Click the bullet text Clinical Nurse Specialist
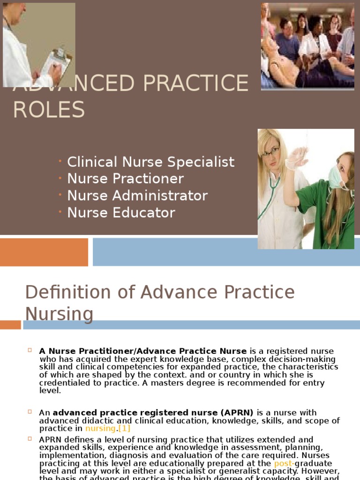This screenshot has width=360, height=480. click(150, 162)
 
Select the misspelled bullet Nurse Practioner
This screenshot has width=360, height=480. click(125, 179)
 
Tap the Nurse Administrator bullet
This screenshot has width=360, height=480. click(137, 195)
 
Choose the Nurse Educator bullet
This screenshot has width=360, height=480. click(121, 212)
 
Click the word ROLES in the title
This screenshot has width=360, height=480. click(49, 110)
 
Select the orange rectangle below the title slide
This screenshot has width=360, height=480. click(44, 252)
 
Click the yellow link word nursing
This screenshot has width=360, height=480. click(100, 428)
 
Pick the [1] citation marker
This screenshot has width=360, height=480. click(124, 428)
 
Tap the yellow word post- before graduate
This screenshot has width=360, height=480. click(282, 464)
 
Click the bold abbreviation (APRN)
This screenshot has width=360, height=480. click(237, 412)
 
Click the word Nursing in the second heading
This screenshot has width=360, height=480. click(59, 314)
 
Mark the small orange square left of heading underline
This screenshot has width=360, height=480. click(10, 324)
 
